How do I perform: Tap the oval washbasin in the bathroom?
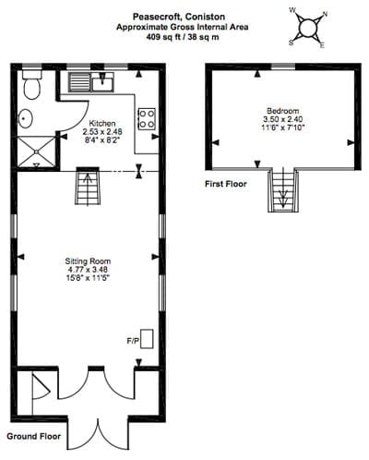point(26,118)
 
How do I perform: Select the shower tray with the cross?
point(37,151)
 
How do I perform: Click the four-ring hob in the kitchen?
point(147,119)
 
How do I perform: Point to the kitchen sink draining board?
point(79,82)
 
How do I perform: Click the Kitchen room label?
point(102,123)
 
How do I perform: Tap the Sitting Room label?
point(88,261)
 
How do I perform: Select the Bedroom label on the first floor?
point(283,111)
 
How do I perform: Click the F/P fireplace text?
point(133,341)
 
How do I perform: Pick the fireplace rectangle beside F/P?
point(147,339)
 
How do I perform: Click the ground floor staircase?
point(88,186)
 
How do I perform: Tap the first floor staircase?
point(283,190)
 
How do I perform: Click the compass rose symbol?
point(308,29)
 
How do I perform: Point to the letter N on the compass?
point(325,14)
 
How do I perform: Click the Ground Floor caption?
point(34,436)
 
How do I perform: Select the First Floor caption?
point(226,184)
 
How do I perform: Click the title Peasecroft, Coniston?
point(179,17)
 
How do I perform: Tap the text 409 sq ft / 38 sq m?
point(183,37)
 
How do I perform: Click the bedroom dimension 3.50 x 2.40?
point(283,119)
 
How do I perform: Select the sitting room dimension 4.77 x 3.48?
point(88,270)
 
